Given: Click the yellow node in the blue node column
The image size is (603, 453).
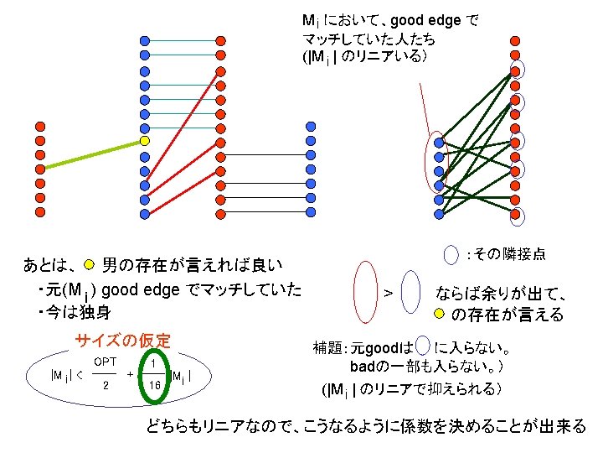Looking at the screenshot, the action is click(x=145, y=141).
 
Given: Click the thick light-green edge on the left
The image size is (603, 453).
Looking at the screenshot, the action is click(x=92, y=155).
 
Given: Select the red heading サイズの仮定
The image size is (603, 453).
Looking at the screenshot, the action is click(x=122, y=341).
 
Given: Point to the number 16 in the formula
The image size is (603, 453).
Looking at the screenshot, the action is click(x=154, y=385).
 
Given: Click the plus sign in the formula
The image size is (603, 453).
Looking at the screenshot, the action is click(x=131, y=373).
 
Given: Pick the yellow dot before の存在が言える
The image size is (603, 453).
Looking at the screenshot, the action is click(x=439, y=315).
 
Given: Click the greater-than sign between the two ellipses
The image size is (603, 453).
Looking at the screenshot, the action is click(x=388, y=293).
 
